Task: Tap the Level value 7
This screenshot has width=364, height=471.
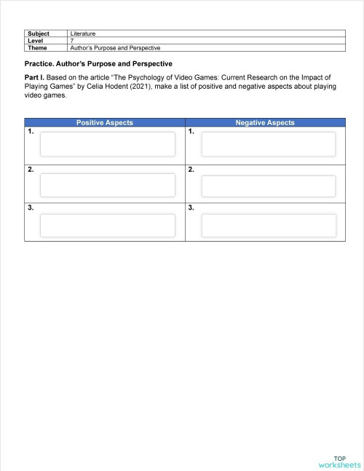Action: [72, 41]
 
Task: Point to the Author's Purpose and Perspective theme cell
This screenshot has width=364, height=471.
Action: [114, 47]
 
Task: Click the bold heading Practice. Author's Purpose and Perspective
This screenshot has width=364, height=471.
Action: [98, 64]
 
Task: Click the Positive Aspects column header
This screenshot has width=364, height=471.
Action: [105, 123]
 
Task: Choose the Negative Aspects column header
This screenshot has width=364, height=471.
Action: [265, 123]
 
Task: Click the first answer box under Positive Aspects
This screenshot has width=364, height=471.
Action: [108, 144]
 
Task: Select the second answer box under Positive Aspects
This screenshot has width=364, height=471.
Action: [108, 186]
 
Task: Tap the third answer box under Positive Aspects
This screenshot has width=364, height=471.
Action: [108, 225]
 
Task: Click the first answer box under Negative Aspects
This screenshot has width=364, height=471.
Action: [268, 144]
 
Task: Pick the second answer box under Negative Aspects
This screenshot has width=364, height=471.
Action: [268, 186]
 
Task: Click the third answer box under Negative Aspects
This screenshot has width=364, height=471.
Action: [268, 225]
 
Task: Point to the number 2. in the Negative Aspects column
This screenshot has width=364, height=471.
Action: [191, 170]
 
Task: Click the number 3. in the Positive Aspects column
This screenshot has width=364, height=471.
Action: [31, 208]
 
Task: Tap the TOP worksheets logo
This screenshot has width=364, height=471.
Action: [339, 460]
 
